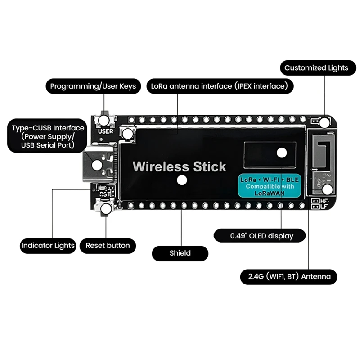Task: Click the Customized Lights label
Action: pos(316,68)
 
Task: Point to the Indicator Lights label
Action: pos(48,246)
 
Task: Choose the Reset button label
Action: pos(108,246)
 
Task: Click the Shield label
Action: pos(180,253)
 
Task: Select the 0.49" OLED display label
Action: pos(261,236)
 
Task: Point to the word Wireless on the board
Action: pos(161,166)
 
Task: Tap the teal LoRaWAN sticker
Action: pos(269,185)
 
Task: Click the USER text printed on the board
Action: pos(105,131)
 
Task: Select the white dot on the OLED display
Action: pos(282,152)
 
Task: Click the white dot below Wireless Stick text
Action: pos(182,180)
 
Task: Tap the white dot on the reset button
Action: pos(107,209)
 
